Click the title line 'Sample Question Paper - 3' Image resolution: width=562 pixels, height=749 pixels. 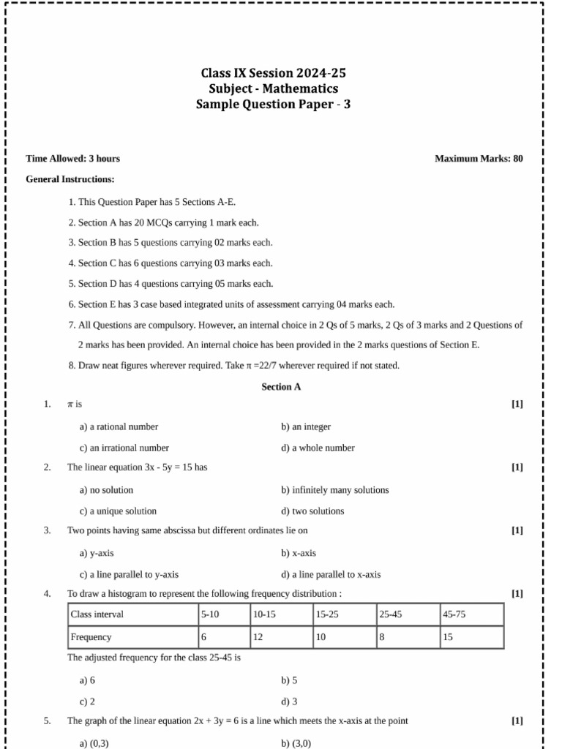(274, 105)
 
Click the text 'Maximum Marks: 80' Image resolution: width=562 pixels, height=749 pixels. (479, 159)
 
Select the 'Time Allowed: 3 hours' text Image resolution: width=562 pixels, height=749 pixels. (73, 159)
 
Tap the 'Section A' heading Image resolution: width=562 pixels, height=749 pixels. (281, 387)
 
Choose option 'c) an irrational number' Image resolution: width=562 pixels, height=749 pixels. (124, 448)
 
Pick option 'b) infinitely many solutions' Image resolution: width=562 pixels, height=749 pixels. (334, 490)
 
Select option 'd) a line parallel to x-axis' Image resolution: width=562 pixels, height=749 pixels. (331, 575)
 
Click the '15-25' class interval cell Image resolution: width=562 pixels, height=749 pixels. (344, 614)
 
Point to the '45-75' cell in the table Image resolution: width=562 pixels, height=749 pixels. (471, 614)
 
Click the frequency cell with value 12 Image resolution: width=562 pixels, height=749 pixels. (281, 637)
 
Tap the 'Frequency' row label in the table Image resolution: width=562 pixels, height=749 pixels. (132, 637)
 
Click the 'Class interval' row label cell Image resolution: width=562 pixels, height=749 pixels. (132, 614)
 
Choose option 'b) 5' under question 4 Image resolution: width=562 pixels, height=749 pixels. (289, 680)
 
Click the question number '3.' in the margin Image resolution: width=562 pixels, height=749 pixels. (47, 530)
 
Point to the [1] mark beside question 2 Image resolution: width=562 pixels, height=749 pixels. (517, 467)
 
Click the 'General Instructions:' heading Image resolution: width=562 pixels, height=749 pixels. (70, 179)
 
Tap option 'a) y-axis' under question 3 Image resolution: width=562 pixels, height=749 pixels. (97, 554)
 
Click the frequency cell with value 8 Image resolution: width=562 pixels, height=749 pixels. (408, 637)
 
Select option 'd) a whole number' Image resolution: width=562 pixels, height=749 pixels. (318, 448)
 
